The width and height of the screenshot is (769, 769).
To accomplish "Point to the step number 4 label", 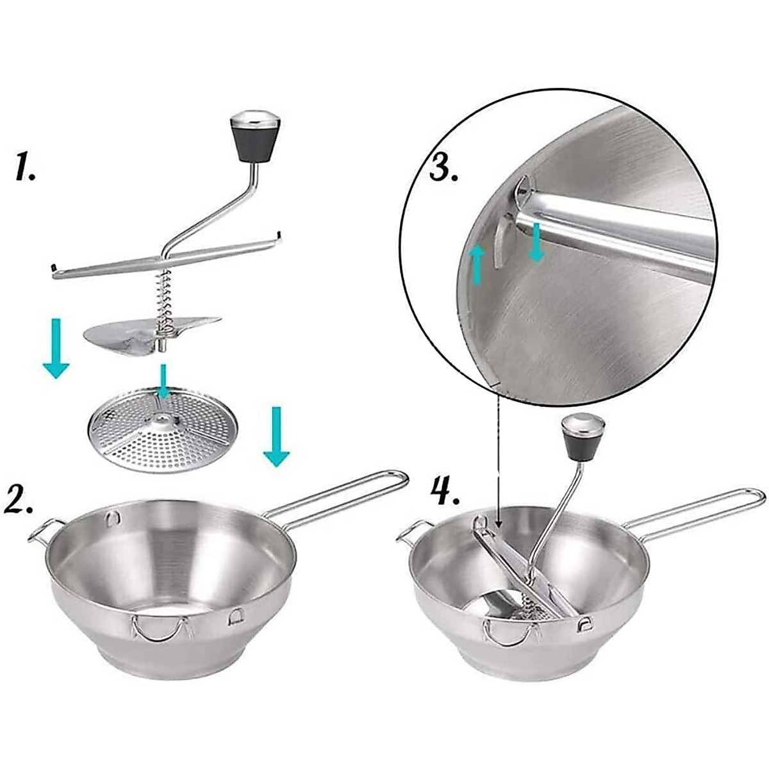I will [x=442, y=493].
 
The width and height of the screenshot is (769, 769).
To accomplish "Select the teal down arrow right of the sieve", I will [x=276, y=436].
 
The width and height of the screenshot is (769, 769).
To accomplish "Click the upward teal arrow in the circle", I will [x=475, y=265].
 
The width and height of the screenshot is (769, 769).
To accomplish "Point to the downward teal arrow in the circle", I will [x=536, y=243].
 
